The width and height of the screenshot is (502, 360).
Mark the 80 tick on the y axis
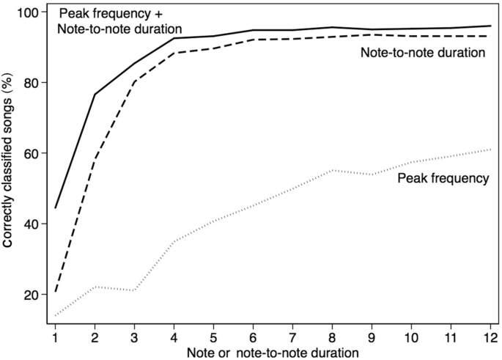tap(32, 83)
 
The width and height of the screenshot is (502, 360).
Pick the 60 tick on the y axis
tap(32, 153)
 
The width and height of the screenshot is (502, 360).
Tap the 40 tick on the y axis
tap(32, 224)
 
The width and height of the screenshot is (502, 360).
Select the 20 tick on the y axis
tap(32, 295)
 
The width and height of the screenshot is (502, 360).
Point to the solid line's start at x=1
tap(55, 207)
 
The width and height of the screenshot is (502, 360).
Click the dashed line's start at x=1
tap(55, 292)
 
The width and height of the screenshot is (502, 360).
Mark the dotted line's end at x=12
tap(490, 150)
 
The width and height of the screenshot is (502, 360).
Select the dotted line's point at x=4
tap(174, 240)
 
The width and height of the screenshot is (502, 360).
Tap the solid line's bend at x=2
tap(95, 95)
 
